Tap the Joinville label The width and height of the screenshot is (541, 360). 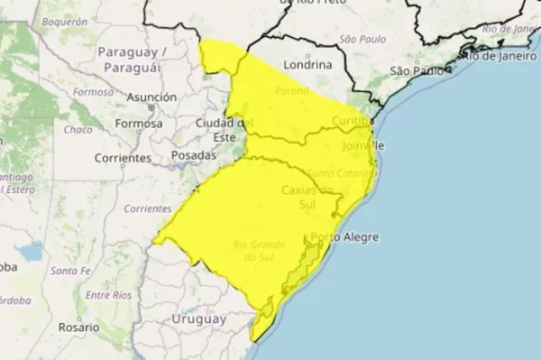pos(364,144)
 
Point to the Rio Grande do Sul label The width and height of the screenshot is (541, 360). pos(259,251)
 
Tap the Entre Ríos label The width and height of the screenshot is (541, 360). pos(108,295)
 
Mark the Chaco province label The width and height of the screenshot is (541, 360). pos(78,129)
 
